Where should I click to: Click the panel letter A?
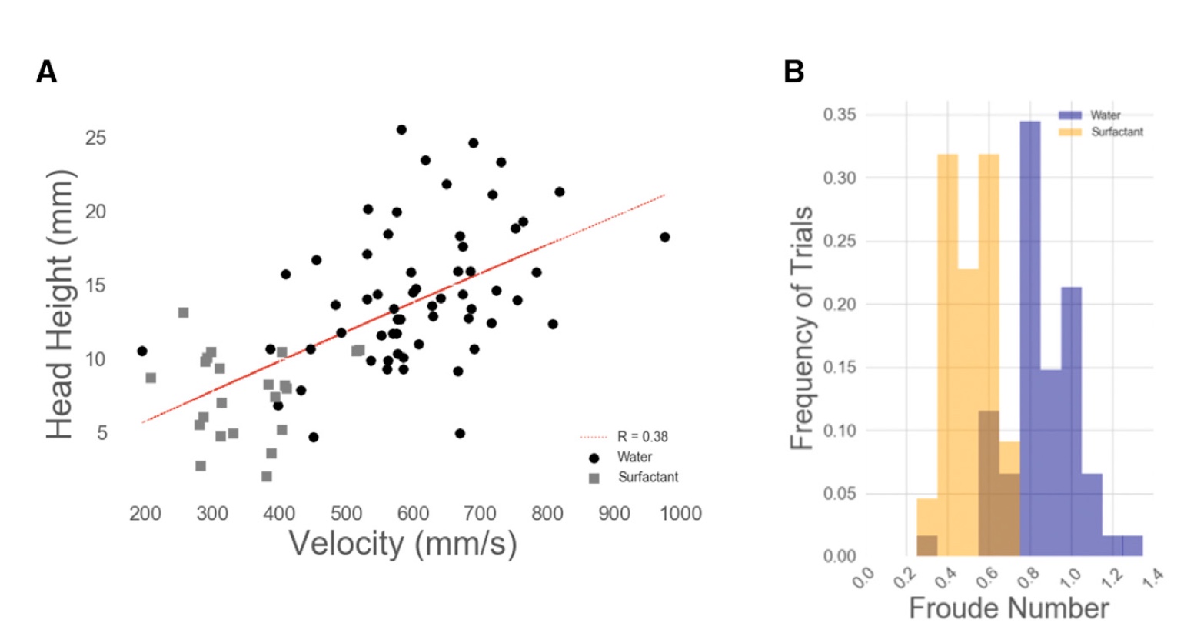[46, 72]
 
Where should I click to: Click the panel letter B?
[793, 72]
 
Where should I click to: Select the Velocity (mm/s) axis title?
[402, 544]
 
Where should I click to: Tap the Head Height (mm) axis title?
[60, 305]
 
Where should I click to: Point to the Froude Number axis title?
[1009, 608]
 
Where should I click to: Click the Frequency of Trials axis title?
[802, 328]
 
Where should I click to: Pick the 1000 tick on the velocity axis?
[680, 514]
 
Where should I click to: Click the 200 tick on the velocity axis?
[145, 514]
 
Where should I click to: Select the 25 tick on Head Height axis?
[95, 138]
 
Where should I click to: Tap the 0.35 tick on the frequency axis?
[839, 115]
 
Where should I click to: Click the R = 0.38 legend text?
[642, 437]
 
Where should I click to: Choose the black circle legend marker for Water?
[594, 458]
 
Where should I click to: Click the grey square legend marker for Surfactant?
[594, 478]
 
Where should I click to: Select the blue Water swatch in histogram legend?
[1070, 115]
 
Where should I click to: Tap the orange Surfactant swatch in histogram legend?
[1070, 132]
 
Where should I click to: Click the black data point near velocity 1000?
[664, 237]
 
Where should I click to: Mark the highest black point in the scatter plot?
[401, 130]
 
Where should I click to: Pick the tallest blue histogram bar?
[1029, 338]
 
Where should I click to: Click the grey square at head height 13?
[183, 312]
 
